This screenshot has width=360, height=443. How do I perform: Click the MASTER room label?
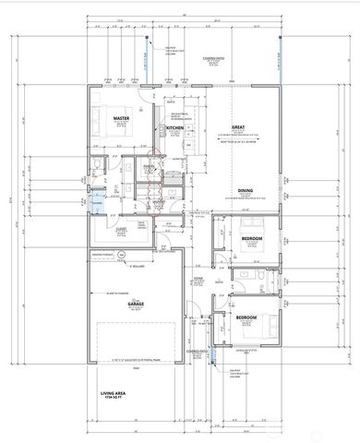pos(120,119)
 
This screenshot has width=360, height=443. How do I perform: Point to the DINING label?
pos(246,190)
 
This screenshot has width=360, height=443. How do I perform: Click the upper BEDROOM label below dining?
pos(251,239)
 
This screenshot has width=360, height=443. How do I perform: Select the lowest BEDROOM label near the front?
pos(246,317)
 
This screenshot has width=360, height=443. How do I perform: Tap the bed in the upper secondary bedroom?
pos(252,226)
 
